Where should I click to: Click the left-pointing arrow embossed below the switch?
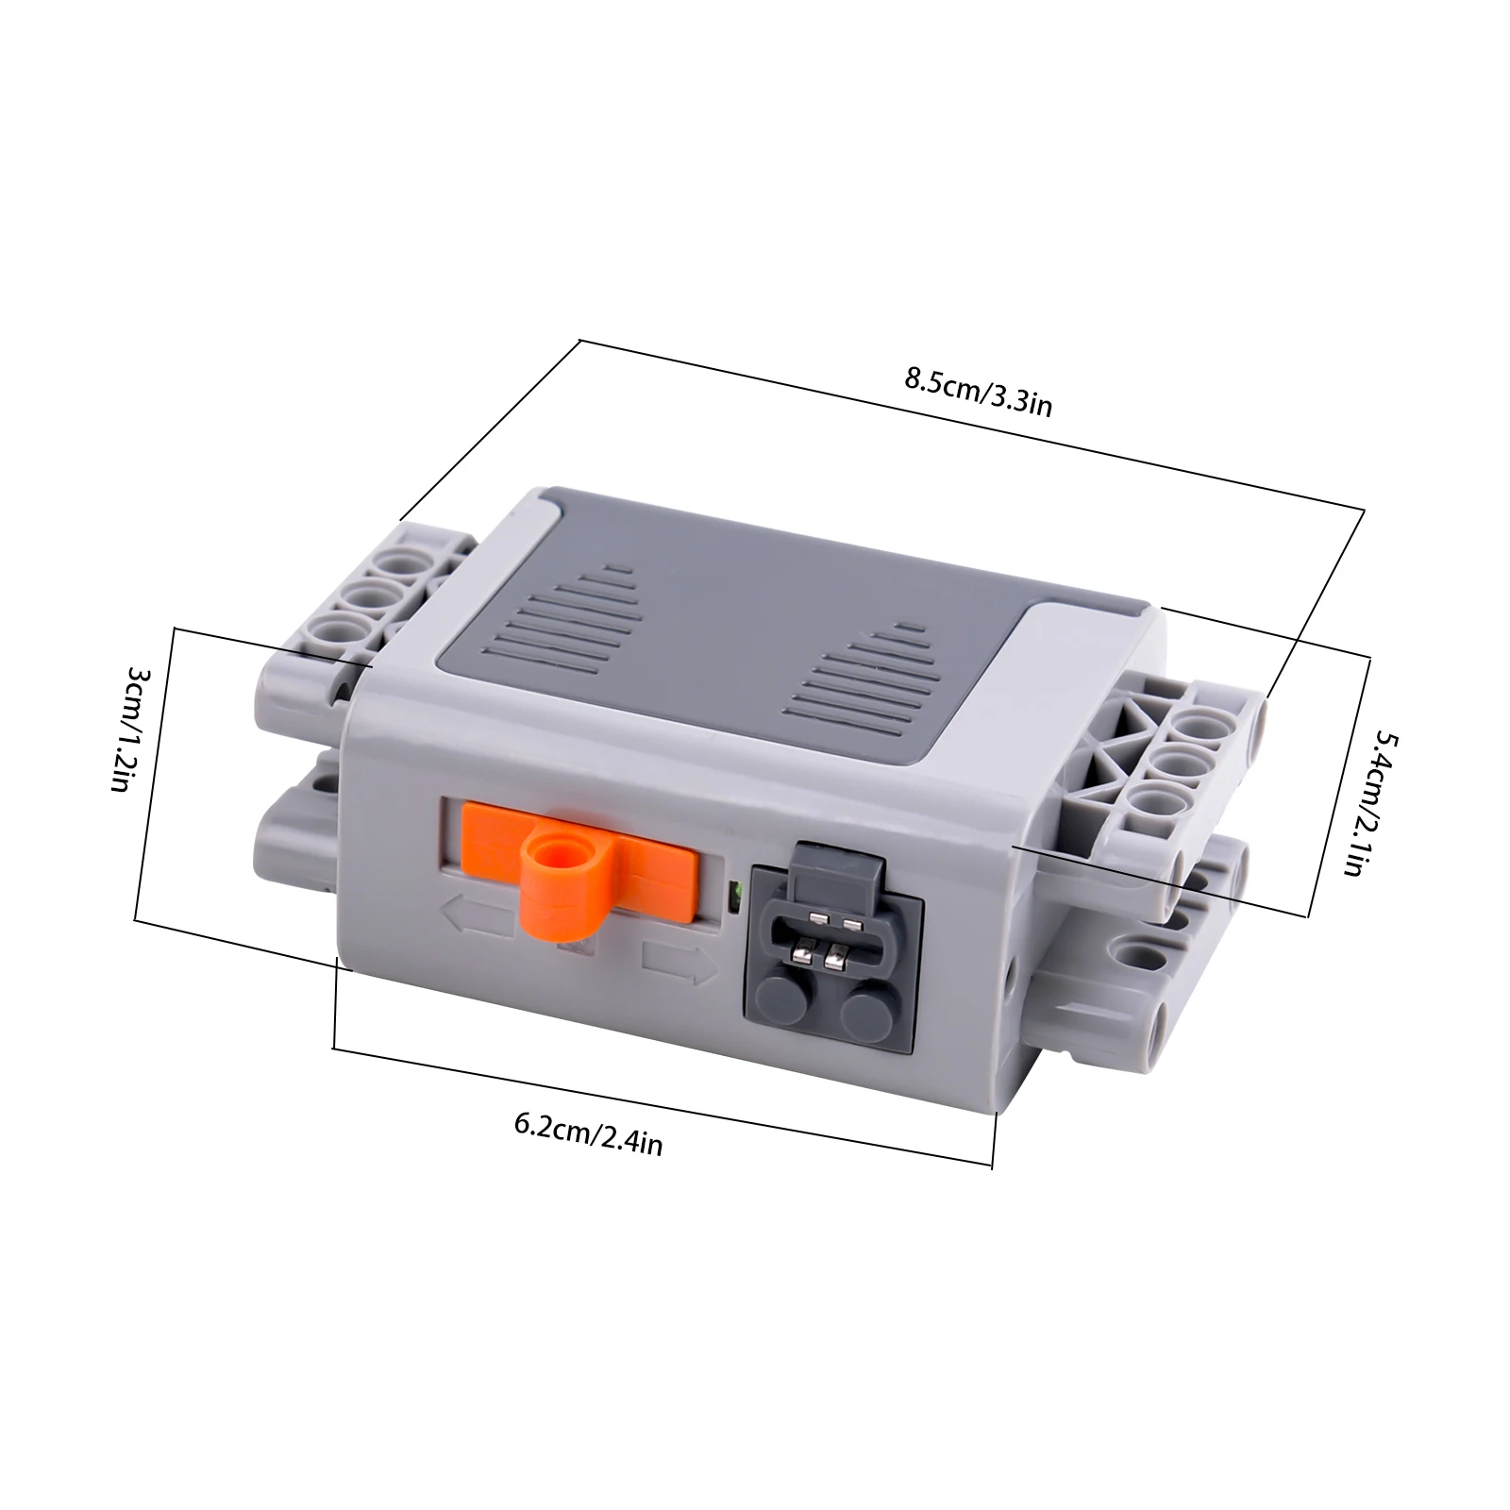pyautogui.click(x=477, y=914)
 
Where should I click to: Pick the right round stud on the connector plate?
pyautogui.click(x=866, y=1014)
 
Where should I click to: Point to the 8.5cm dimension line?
pyautogui.click(x=972, y=426)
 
